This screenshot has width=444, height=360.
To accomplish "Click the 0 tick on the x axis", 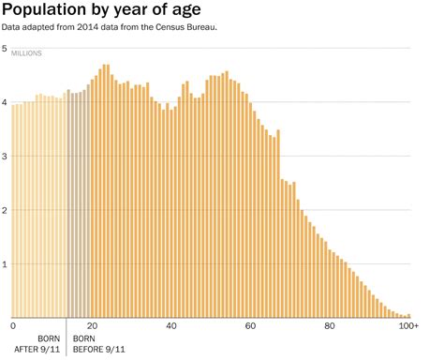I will click(13, 325).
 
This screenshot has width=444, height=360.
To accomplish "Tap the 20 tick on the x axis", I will click(92, 325).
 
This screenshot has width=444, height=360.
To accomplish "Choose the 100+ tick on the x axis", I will click(408, 325).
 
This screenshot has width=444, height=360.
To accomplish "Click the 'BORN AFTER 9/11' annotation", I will click(44, 344).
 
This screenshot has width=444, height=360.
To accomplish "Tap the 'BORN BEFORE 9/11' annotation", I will click(98, 344).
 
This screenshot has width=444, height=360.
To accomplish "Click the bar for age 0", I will click(13, 210).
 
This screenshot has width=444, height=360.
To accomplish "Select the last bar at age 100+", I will click(409, 315).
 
